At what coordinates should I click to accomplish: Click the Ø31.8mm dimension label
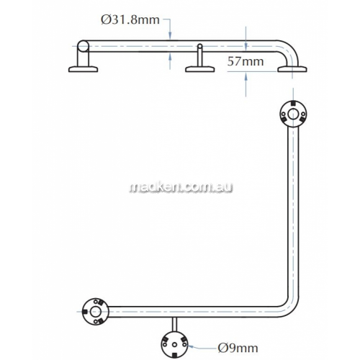coord(130,20)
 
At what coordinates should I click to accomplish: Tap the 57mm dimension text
coord(246,61)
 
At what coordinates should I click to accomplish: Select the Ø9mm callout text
coord(238,348)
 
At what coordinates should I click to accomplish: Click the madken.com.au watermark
coord(181,187)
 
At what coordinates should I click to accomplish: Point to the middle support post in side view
coord(199,55)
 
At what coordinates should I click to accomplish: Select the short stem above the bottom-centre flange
coord(174,325)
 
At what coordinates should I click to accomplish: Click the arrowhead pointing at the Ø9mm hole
coord(190,346)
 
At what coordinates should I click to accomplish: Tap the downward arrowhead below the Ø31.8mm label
coord(170,37)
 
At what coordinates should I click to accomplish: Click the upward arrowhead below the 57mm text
coord(246,76)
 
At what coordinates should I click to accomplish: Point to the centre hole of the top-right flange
coord(294,114)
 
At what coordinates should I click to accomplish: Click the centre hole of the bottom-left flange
coord(95,312)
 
